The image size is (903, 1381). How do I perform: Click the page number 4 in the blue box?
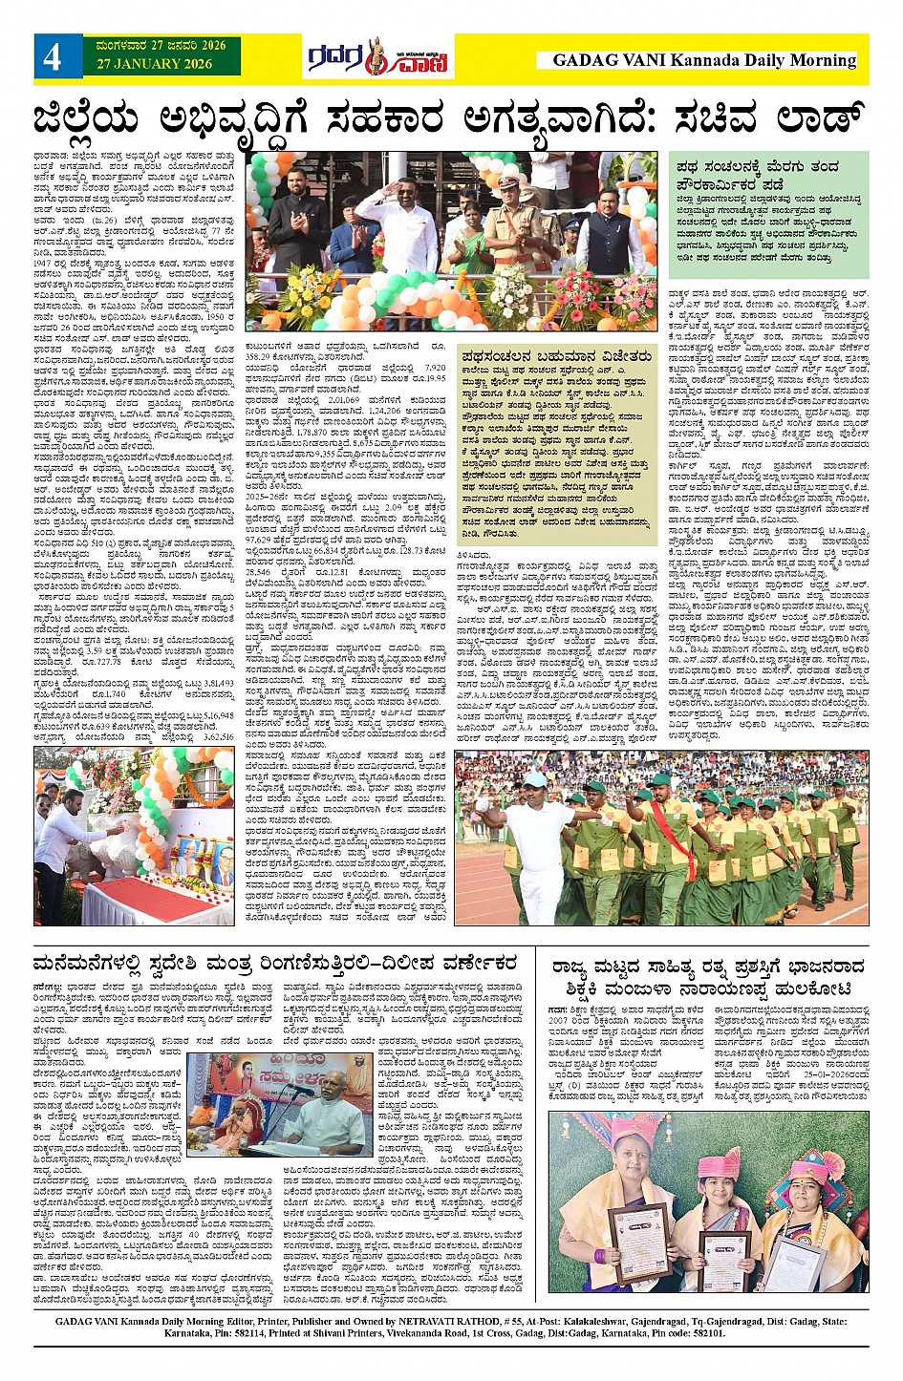[x=52, y=56]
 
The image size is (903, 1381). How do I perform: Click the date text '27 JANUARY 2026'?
[x=154, y=64]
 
